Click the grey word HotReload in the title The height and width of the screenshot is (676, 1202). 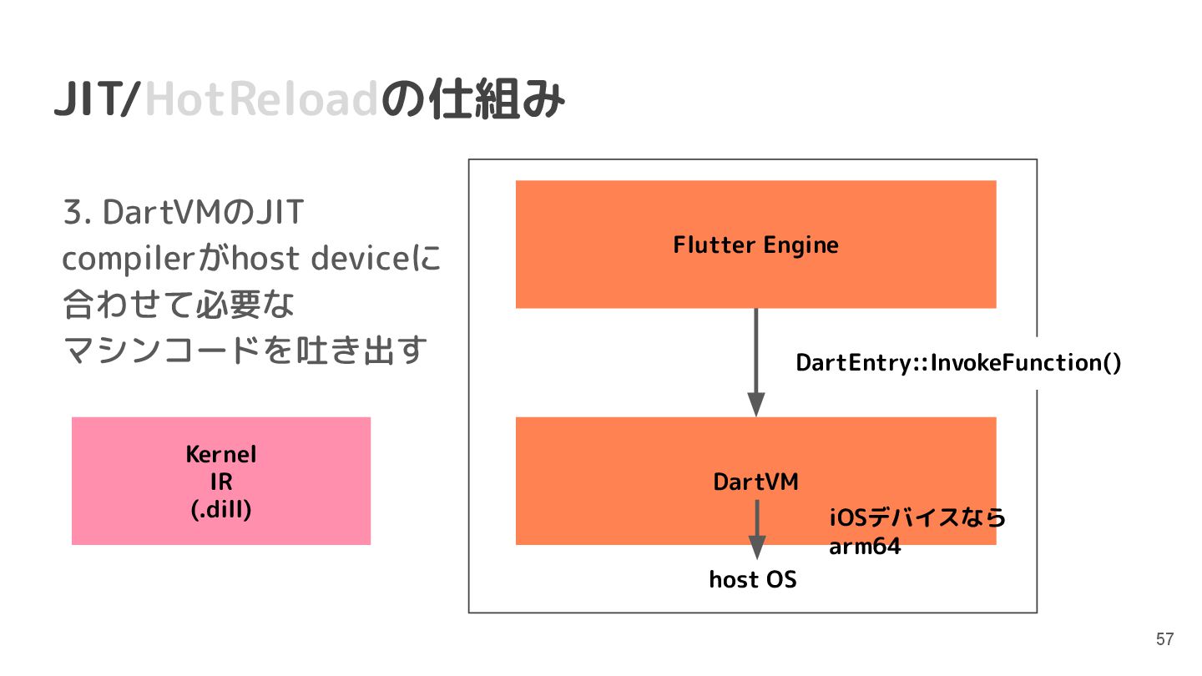coord(262,101)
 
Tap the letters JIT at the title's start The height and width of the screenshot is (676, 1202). coord(85,101)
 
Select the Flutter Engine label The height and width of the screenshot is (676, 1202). coord(755,245)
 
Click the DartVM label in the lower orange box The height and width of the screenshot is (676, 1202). coord(755,482)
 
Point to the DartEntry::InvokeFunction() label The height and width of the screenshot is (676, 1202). coord(958,363)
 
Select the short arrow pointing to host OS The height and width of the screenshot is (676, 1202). coord(756,529)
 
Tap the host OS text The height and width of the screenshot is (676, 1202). coord(753,579)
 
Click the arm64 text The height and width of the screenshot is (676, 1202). coord(865,548)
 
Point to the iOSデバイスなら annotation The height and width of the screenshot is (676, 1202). coord(917,518)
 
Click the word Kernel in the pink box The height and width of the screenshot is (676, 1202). coord(220,455)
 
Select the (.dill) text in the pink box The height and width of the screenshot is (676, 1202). coord(220,509)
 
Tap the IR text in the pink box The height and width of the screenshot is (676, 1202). coord(220,482)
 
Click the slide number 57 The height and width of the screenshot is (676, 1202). coord(1164,640)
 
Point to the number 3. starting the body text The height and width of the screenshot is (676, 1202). coord(78,213)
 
